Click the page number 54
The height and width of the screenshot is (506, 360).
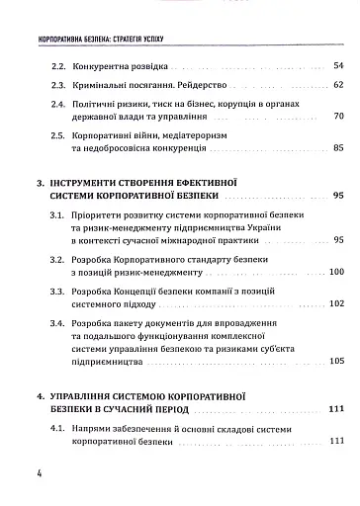pos(337,65)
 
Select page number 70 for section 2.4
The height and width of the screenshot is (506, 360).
pos(337,117)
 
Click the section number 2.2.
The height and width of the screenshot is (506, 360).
pos(56,65)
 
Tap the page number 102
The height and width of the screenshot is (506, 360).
pos(335,304)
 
